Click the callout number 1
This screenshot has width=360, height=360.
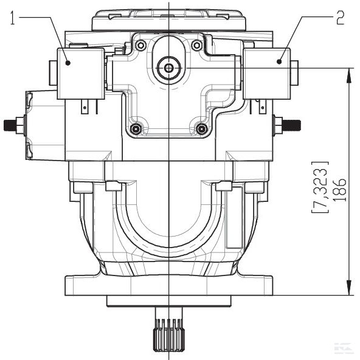(x=13, y=18)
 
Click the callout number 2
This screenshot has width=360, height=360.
(x=341, y=18)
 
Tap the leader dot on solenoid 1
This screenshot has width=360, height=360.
(x=68, y=63)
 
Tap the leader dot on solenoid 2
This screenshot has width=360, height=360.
(x=279, y=61)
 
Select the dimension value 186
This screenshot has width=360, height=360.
(x=339, y=190)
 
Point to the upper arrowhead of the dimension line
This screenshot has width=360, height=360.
(x=349, y=75)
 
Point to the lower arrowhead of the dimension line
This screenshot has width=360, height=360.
(x=349, y=288)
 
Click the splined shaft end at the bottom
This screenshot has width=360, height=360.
(x=169, y=334)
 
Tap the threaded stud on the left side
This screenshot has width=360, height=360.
(x=10, y=125)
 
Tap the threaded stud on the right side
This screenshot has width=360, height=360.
(x=291, y=125)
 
